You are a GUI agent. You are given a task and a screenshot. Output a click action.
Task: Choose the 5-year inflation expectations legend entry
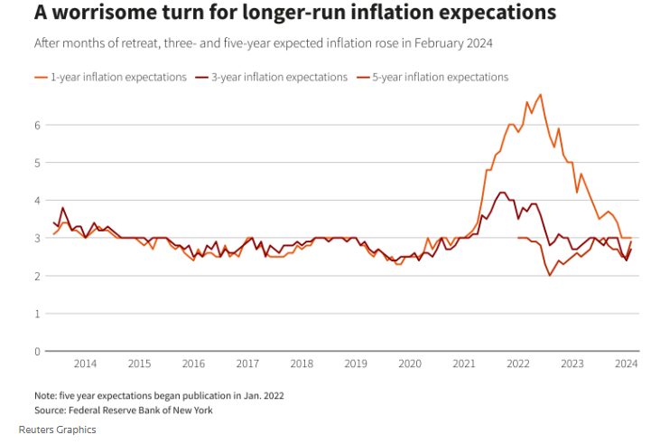point(440,77)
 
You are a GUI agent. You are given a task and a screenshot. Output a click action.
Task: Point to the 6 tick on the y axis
point(36,124)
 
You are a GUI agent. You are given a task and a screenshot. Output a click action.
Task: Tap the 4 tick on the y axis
point(36,200)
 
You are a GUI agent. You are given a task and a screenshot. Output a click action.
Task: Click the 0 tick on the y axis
point(36,351)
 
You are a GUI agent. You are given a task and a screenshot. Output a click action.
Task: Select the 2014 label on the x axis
point(85,364)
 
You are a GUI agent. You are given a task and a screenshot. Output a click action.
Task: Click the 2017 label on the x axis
point(247,364)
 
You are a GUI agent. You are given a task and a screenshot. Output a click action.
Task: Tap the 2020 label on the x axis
point(410,364)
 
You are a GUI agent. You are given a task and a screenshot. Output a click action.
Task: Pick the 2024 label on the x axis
point(626,364)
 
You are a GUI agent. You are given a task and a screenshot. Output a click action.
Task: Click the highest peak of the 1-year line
point(540,94)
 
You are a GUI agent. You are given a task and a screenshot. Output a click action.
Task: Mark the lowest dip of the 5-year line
point(550,275)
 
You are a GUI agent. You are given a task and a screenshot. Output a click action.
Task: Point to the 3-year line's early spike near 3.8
point(62,207)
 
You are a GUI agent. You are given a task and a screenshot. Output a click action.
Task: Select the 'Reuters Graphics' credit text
point(57,430)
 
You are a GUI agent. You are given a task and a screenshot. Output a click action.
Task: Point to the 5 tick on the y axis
point(36,162)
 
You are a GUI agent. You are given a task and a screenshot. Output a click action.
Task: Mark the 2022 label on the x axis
point(517,364)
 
